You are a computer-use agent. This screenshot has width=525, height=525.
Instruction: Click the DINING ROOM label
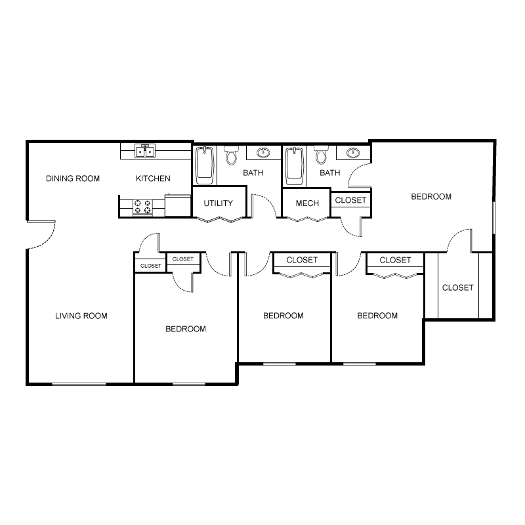(x=73, y=178)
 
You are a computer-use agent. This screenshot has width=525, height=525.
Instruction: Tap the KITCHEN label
(x=153, y=178)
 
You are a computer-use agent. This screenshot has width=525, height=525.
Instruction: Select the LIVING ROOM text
(x=81, y=316)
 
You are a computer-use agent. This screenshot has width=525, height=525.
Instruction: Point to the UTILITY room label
(x=218, y=203)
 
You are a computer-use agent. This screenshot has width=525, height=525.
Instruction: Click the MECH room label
(x=307, y=203)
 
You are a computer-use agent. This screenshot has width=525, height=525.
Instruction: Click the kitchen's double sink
(x=144, y=152)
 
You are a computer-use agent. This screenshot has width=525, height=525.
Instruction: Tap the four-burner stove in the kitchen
(x=142, y=207)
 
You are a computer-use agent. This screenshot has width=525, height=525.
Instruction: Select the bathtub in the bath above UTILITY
(x=205, y=165)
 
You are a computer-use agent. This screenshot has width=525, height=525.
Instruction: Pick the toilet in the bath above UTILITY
(x=231, y=156)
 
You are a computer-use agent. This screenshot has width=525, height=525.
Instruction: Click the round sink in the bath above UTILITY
(x=263, y=154)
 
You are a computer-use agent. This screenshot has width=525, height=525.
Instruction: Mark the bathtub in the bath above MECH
(x=295, y=165)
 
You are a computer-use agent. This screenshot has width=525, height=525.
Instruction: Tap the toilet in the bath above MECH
(x=321, y=156)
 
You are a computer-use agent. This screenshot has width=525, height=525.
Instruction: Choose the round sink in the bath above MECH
(x=353, y=154)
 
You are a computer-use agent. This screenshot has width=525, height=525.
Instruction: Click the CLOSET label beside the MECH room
(x=350, y=200)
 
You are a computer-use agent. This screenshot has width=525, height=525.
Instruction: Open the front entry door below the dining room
(x=41, y=234)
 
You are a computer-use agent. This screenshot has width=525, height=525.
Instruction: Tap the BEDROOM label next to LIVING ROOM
(x=185, y=329)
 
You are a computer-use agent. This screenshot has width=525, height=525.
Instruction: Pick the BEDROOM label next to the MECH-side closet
(x=431, y=196)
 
